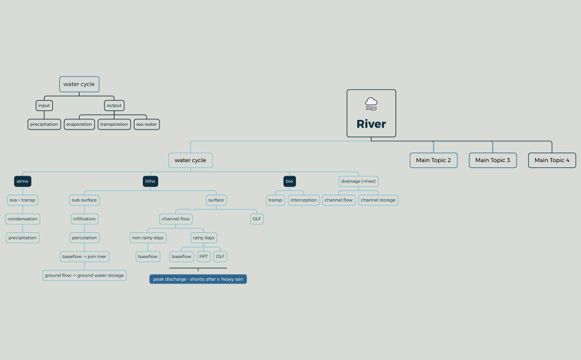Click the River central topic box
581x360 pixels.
point(371,114)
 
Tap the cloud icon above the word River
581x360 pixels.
point(371,103)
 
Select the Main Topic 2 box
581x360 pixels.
point(433,160)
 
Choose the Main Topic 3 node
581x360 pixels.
point(492,160)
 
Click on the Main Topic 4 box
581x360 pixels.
point(552,160)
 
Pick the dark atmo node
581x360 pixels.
point(22,181)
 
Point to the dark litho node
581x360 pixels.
point(151,181)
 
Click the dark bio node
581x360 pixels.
point(290,181)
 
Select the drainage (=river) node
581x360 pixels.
point(358,181)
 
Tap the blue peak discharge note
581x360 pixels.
point(198,279)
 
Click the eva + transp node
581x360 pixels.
point(22,200)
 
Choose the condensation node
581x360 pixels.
point(22,219)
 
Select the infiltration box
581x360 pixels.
point(84,219)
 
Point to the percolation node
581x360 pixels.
point(84,237)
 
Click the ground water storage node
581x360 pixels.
point(84,275)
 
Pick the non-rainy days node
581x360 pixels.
point(148,237)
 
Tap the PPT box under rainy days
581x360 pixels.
point(203,257)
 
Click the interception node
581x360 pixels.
point(304,200)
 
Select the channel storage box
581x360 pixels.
point(378,200)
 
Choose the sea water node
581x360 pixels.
point(147,124)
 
